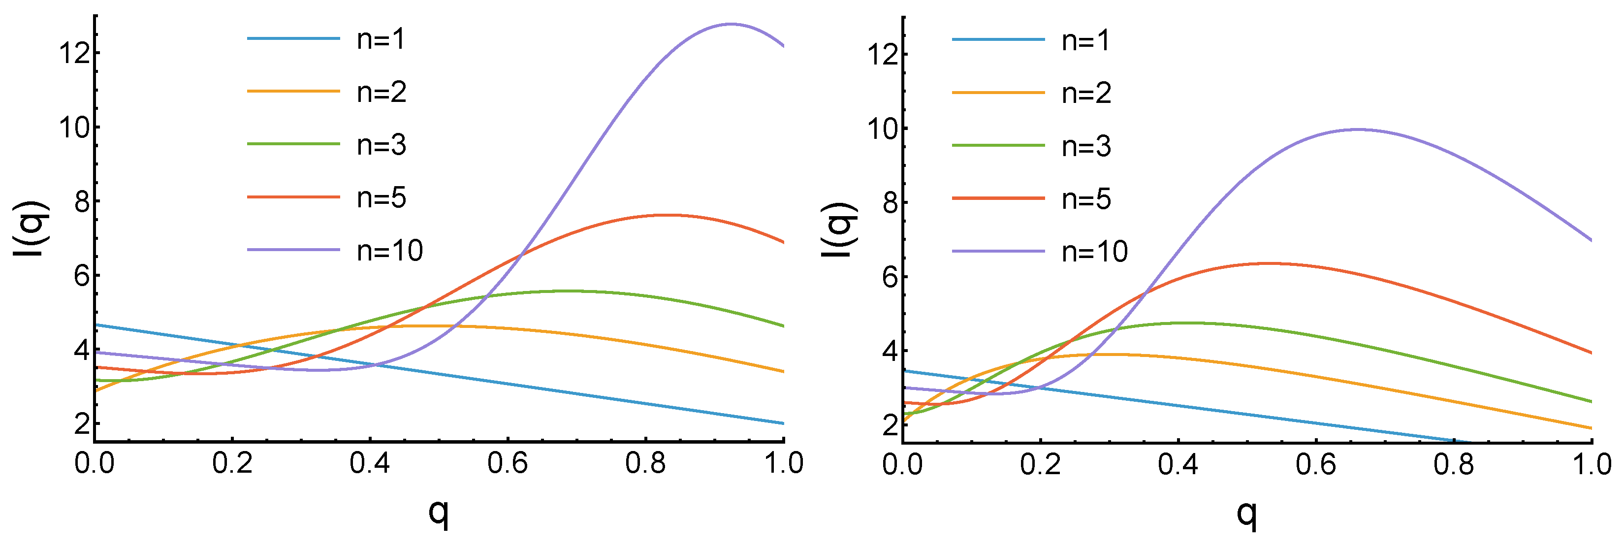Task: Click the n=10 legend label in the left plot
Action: (x=389, y=251)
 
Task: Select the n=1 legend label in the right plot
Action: (x=1085, y=40)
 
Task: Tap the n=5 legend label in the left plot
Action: (x=382, y=198)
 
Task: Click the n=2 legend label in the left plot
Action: (x=382, y=92)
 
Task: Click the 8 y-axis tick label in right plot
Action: (x=890, y=203)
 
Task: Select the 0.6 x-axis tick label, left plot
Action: (x=508, y=464)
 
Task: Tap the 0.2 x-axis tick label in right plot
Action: (x=1040, y=465)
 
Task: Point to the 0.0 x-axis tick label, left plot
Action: (x=95, y=464)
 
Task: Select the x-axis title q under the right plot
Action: (x=1247, y=514)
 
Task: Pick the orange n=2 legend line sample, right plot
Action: (x=998, y=93)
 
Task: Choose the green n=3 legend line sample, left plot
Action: (x=293, y=144)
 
